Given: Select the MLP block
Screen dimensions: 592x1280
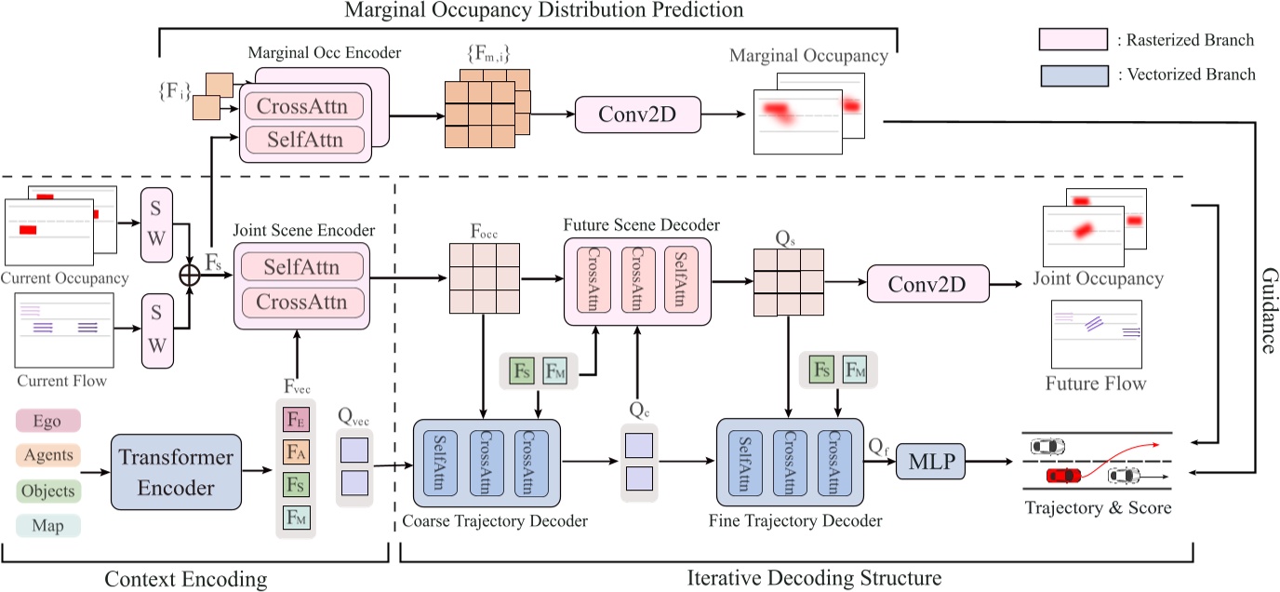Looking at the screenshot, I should coord(931,459).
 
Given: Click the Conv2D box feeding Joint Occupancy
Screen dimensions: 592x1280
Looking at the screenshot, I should coord(927,281).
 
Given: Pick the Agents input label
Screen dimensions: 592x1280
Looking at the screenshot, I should coord(48,456).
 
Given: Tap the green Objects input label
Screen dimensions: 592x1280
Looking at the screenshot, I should coord(48,491).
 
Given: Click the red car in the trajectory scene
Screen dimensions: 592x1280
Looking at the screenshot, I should coord(1061,476).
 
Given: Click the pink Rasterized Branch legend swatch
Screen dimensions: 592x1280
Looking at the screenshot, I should coord(1073,40).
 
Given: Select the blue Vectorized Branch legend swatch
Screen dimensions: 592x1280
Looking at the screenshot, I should coord(1073,75).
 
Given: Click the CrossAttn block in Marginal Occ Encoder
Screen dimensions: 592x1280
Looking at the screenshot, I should coord(301,106).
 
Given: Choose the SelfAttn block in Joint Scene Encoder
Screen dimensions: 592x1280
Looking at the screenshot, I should coord(300,268).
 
